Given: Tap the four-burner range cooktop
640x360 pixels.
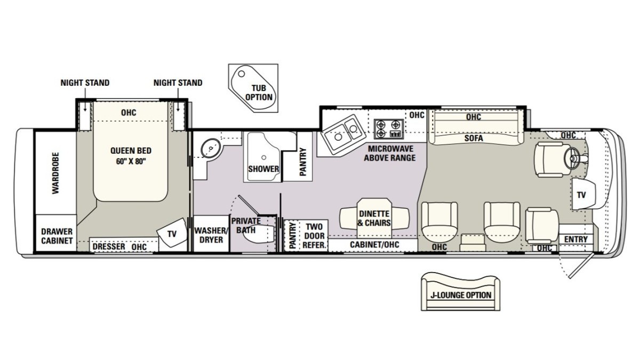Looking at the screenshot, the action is [389, 129].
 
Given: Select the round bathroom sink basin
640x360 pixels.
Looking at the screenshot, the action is [211, 148].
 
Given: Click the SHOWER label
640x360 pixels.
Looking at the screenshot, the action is [263, 169].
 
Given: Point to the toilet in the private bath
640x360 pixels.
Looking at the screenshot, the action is [258, 234].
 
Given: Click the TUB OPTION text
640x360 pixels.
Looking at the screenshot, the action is [259, 93].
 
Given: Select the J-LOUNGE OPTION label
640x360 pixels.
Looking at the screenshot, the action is [461, 295].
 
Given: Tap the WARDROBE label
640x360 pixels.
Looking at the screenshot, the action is [55, 173].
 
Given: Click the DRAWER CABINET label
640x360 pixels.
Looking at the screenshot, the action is [57, 236].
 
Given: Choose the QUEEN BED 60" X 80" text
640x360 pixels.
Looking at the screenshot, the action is [131, 156].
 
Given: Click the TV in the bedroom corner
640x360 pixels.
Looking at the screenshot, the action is [172, 233].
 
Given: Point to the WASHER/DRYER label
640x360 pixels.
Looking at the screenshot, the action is [211, 235].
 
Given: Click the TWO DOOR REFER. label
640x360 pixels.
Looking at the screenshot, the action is [314, 236].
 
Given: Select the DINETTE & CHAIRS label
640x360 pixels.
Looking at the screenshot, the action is [374, 218].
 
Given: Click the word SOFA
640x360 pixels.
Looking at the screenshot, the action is [474, 138].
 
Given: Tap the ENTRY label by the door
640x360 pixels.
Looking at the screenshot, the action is [575, 239].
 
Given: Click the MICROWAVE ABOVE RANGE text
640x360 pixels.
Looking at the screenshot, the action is [390, 153].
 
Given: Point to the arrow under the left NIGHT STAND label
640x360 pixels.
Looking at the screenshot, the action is [85, 100].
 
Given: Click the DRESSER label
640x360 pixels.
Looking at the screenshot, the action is [109, 246].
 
